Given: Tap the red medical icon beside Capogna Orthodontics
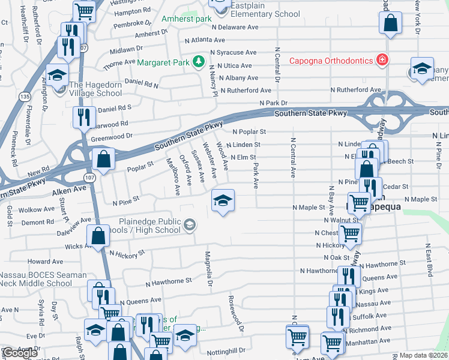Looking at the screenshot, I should pos(381,60).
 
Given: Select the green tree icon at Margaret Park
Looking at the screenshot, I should pos(196,62).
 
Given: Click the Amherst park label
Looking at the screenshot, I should pos(187,19).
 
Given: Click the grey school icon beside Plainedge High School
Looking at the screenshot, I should pos(190,225).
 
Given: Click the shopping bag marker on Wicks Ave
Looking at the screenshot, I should pos(98,236).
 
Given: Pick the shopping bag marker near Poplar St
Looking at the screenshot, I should pos(104,160).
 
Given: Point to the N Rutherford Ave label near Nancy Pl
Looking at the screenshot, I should pos(246,90).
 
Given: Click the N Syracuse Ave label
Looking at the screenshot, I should pos(237,53).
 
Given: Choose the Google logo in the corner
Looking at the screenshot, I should pos(19,353).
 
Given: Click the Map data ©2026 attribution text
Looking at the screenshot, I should pos(423,355).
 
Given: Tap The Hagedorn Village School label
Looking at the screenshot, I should pos(95,89).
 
